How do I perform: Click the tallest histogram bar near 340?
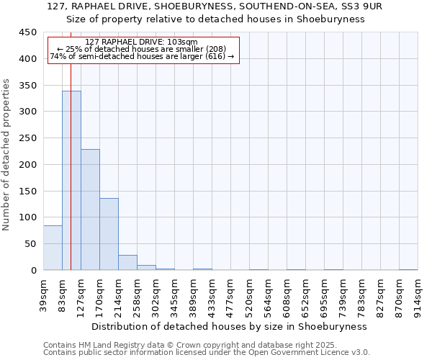[71, 180]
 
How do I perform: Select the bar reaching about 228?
[90, 210]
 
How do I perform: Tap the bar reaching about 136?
[109, 234]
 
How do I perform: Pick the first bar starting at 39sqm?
[53, 248]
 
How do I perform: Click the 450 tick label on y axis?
[27, 32]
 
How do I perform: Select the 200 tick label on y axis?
[27, 164]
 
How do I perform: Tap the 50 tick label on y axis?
[30, 244]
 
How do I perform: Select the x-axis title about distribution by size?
[230, 326]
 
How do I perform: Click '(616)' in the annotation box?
[215, 56]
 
